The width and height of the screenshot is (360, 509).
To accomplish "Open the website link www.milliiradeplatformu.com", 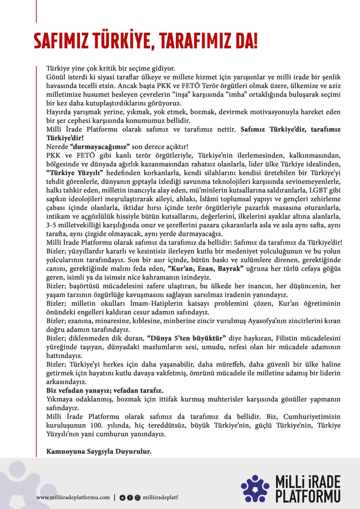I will (73, 497).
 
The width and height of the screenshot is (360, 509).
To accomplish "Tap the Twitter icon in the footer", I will (122, 497).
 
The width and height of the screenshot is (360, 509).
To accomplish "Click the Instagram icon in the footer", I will (137, 497).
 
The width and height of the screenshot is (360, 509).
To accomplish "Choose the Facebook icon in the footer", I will (129, 497).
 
